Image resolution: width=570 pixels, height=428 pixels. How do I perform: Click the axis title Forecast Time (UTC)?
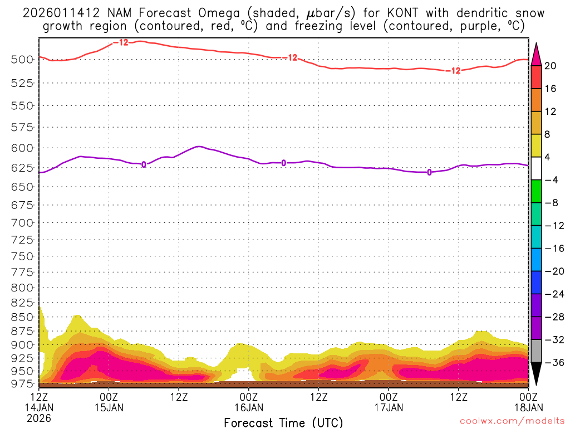283,422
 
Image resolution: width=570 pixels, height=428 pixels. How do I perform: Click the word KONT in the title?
384,12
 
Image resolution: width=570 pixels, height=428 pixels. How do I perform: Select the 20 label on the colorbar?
551,66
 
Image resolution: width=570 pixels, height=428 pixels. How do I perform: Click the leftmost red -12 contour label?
120,42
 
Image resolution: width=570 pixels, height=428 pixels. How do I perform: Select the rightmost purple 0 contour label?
429,172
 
